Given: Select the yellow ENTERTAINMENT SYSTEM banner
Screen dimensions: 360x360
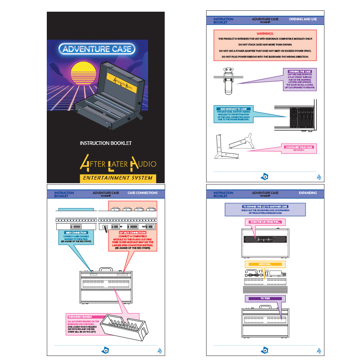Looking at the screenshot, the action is pos(117,179).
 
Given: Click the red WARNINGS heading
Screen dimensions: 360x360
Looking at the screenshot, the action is pos(265,33).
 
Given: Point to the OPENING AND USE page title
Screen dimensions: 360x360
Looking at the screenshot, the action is pos(302,19).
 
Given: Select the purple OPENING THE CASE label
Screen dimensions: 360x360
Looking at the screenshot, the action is pos(299,72).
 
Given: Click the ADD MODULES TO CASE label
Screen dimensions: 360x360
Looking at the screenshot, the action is pos(234,109).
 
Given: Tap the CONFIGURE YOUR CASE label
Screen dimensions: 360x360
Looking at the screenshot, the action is pos(299,147).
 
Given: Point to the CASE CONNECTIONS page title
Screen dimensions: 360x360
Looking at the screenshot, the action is pos(143,193).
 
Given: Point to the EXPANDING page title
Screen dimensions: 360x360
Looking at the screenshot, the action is pos(307,193).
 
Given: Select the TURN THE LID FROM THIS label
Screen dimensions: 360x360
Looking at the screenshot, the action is pos(265,222).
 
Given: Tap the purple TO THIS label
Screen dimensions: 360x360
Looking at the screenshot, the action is pos(265,298).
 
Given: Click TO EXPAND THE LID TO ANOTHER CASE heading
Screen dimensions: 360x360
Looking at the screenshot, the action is pos(265,207).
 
